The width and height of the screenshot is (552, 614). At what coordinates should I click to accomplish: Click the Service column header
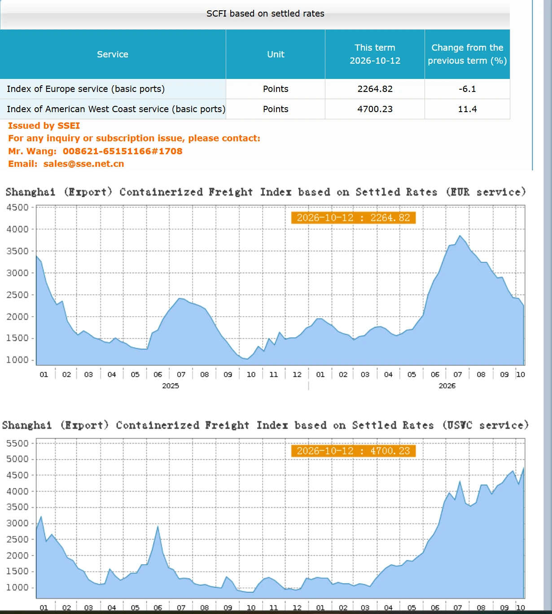113,54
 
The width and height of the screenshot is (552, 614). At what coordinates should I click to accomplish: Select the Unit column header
276,54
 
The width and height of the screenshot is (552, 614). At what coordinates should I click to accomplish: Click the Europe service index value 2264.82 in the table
375,89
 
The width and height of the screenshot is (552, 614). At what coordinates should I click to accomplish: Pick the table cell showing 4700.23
375,109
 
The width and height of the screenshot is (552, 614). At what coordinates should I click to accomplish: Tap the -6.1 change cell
467,89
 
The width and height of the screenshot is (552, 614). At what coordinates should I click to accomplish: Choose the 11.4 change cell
467,109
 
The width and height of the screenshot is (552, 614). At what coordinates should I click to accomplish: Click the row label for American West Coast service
116,109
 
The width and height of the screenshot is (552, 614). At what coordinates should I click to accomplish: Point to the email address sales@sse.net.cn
83,164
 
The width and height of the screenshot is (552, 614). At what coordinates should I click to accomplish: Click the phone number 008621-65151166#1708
123,151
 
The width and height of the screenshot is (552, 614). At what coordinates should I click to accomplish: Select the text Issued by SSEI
44,126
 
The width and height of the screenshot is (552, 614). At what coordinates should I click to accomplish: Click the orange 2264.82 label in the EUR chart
353,218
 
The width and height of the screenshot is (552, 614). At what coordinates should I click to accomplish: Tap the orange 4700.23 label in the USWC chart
353,451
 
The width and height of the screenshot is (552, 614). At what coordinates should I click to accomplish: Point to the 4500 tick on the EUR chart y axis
18,207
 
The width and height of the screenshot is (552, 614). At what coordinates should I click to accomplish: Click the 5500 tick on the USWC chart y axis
18,444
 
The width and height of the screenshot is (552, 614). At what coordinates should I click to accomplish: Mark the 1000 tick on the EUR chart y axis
18,360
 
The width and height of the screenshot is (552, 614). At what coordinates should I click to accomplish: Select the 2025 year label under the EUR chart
171,386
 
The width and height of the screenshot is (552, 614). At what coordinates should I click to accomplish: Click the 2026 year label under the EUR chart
447,386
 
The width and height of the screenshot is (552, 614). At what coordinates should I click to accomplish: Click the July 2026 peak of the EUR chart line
460,235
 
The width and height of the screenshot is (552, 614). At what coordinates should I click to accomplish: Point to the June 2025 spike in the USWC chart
158,526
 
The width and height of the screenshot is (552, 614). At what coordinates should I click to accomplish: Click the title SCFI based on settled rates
265,13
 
